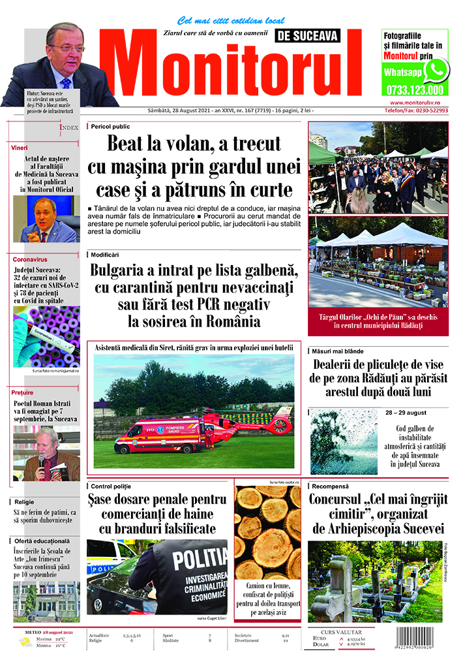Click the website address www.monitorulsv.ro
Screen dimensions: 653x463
point(417,103)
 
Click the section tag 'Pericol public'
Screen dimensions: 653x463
point(110,126)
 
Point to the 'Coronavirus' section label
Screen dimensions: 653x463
point(31,259)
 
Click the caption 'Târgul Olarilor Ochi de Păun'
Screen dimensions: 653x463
point(378,320)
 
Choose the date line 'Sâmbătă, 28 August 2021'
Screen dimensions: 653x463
point(189,111)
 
